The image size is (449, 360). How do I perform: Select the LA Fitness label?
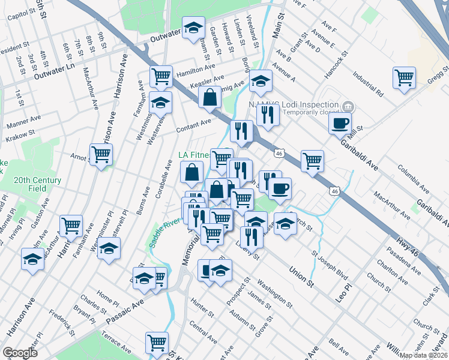[x=194, y=155]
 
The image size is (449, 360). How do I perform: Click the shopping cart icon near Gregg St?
[x=404, y=77]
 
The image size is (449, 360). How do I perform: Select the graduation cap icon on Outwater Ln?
[x=193, y=28]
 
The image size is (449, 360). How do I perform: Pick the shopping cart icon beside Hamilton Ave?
[x=161, y=77]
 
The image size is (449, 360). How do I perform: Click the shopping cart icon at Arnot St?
[x=101, y=155]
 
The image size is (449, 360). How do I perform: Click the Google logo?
[x=20, y=353]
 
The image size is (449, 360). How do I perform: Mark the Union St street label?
[x=301, y=275]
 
